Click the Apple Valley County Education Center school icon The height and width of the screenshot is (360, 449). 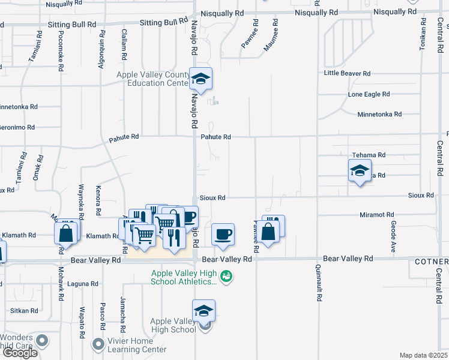pyautogui.click(x=201, y=79)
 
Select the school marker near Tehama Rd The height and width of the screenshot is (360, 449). pyautogui.click(x=360, y=171)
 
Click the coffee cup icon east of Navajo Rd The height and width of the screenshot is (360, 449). pyautogui.click(x=223, y=234)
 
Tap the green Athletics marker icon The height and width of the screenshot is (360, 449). pyautogui.click(x=226, y=277)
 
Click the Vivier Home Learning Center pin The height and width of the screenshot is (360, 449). pyautogui.click(x=97, y=344)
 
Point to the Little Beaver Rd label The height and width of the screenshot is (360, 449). pyautogui.click(x=347, y=73)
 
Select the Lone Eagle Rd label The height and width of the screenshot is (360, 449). pyautogui.click(x=369, y=94)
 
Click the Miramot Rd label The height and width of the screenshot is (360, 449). pyautogui.click(x=376, y=214)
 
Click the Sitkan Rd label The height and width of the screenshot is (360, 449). pyautogui.click(x=24, y=311)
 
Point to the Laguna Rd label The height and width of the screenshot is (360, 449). pyautogui.click(x=83, y=284)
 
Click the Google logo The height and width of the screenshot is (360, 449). pyautogui.click(x=20, y=353)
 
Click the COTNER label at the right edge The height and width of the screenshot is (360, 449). pyautogui.click(x=431, y=262)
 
